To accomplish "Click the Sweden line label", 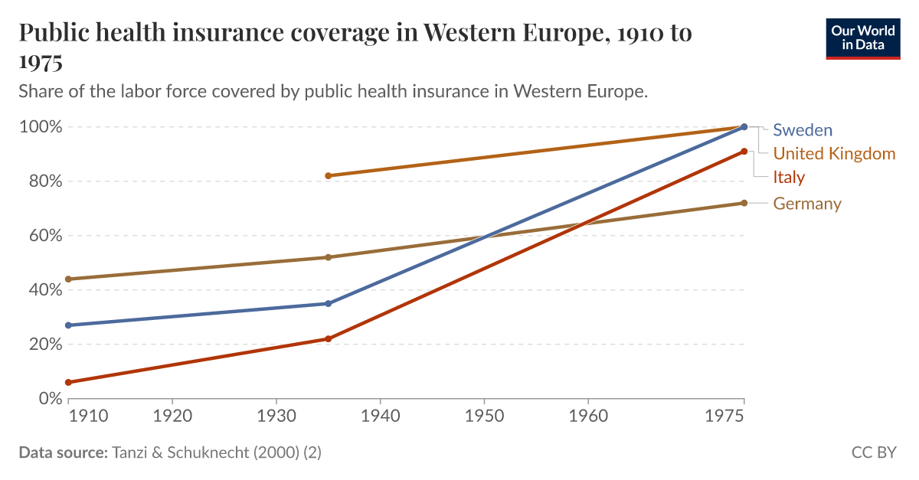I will (802, 130).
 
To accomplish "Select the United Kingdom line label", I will (833, 154).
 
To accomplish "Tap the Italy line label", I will (788, 178).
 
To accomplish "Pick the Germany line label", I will (806, 204).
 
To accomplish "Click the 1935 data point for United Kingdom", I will (328, 176).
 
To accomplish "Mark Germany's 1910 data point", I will (68, 279).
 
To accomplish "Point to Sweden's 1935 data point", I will (328, 304).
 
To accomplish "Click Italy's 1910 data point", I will (68, 382).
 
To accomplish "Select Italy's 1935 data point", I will (328, 338).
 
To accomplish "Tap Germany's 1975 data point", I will (744, 203).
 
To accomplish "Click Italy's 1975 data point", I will (744, 152).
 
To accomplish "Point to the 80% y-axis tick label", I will (40, 181).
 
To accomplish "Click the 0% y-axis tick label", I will (47, 398).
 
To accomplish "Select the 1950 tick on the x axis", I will (484, 416).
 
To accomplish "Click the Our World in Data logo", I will (862, 38).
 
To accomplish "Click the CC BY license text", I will (873, 452).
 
